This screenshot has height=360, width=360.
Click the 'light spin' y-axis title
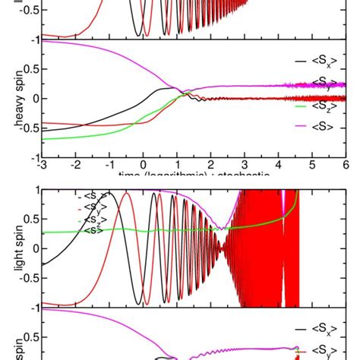11,251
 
